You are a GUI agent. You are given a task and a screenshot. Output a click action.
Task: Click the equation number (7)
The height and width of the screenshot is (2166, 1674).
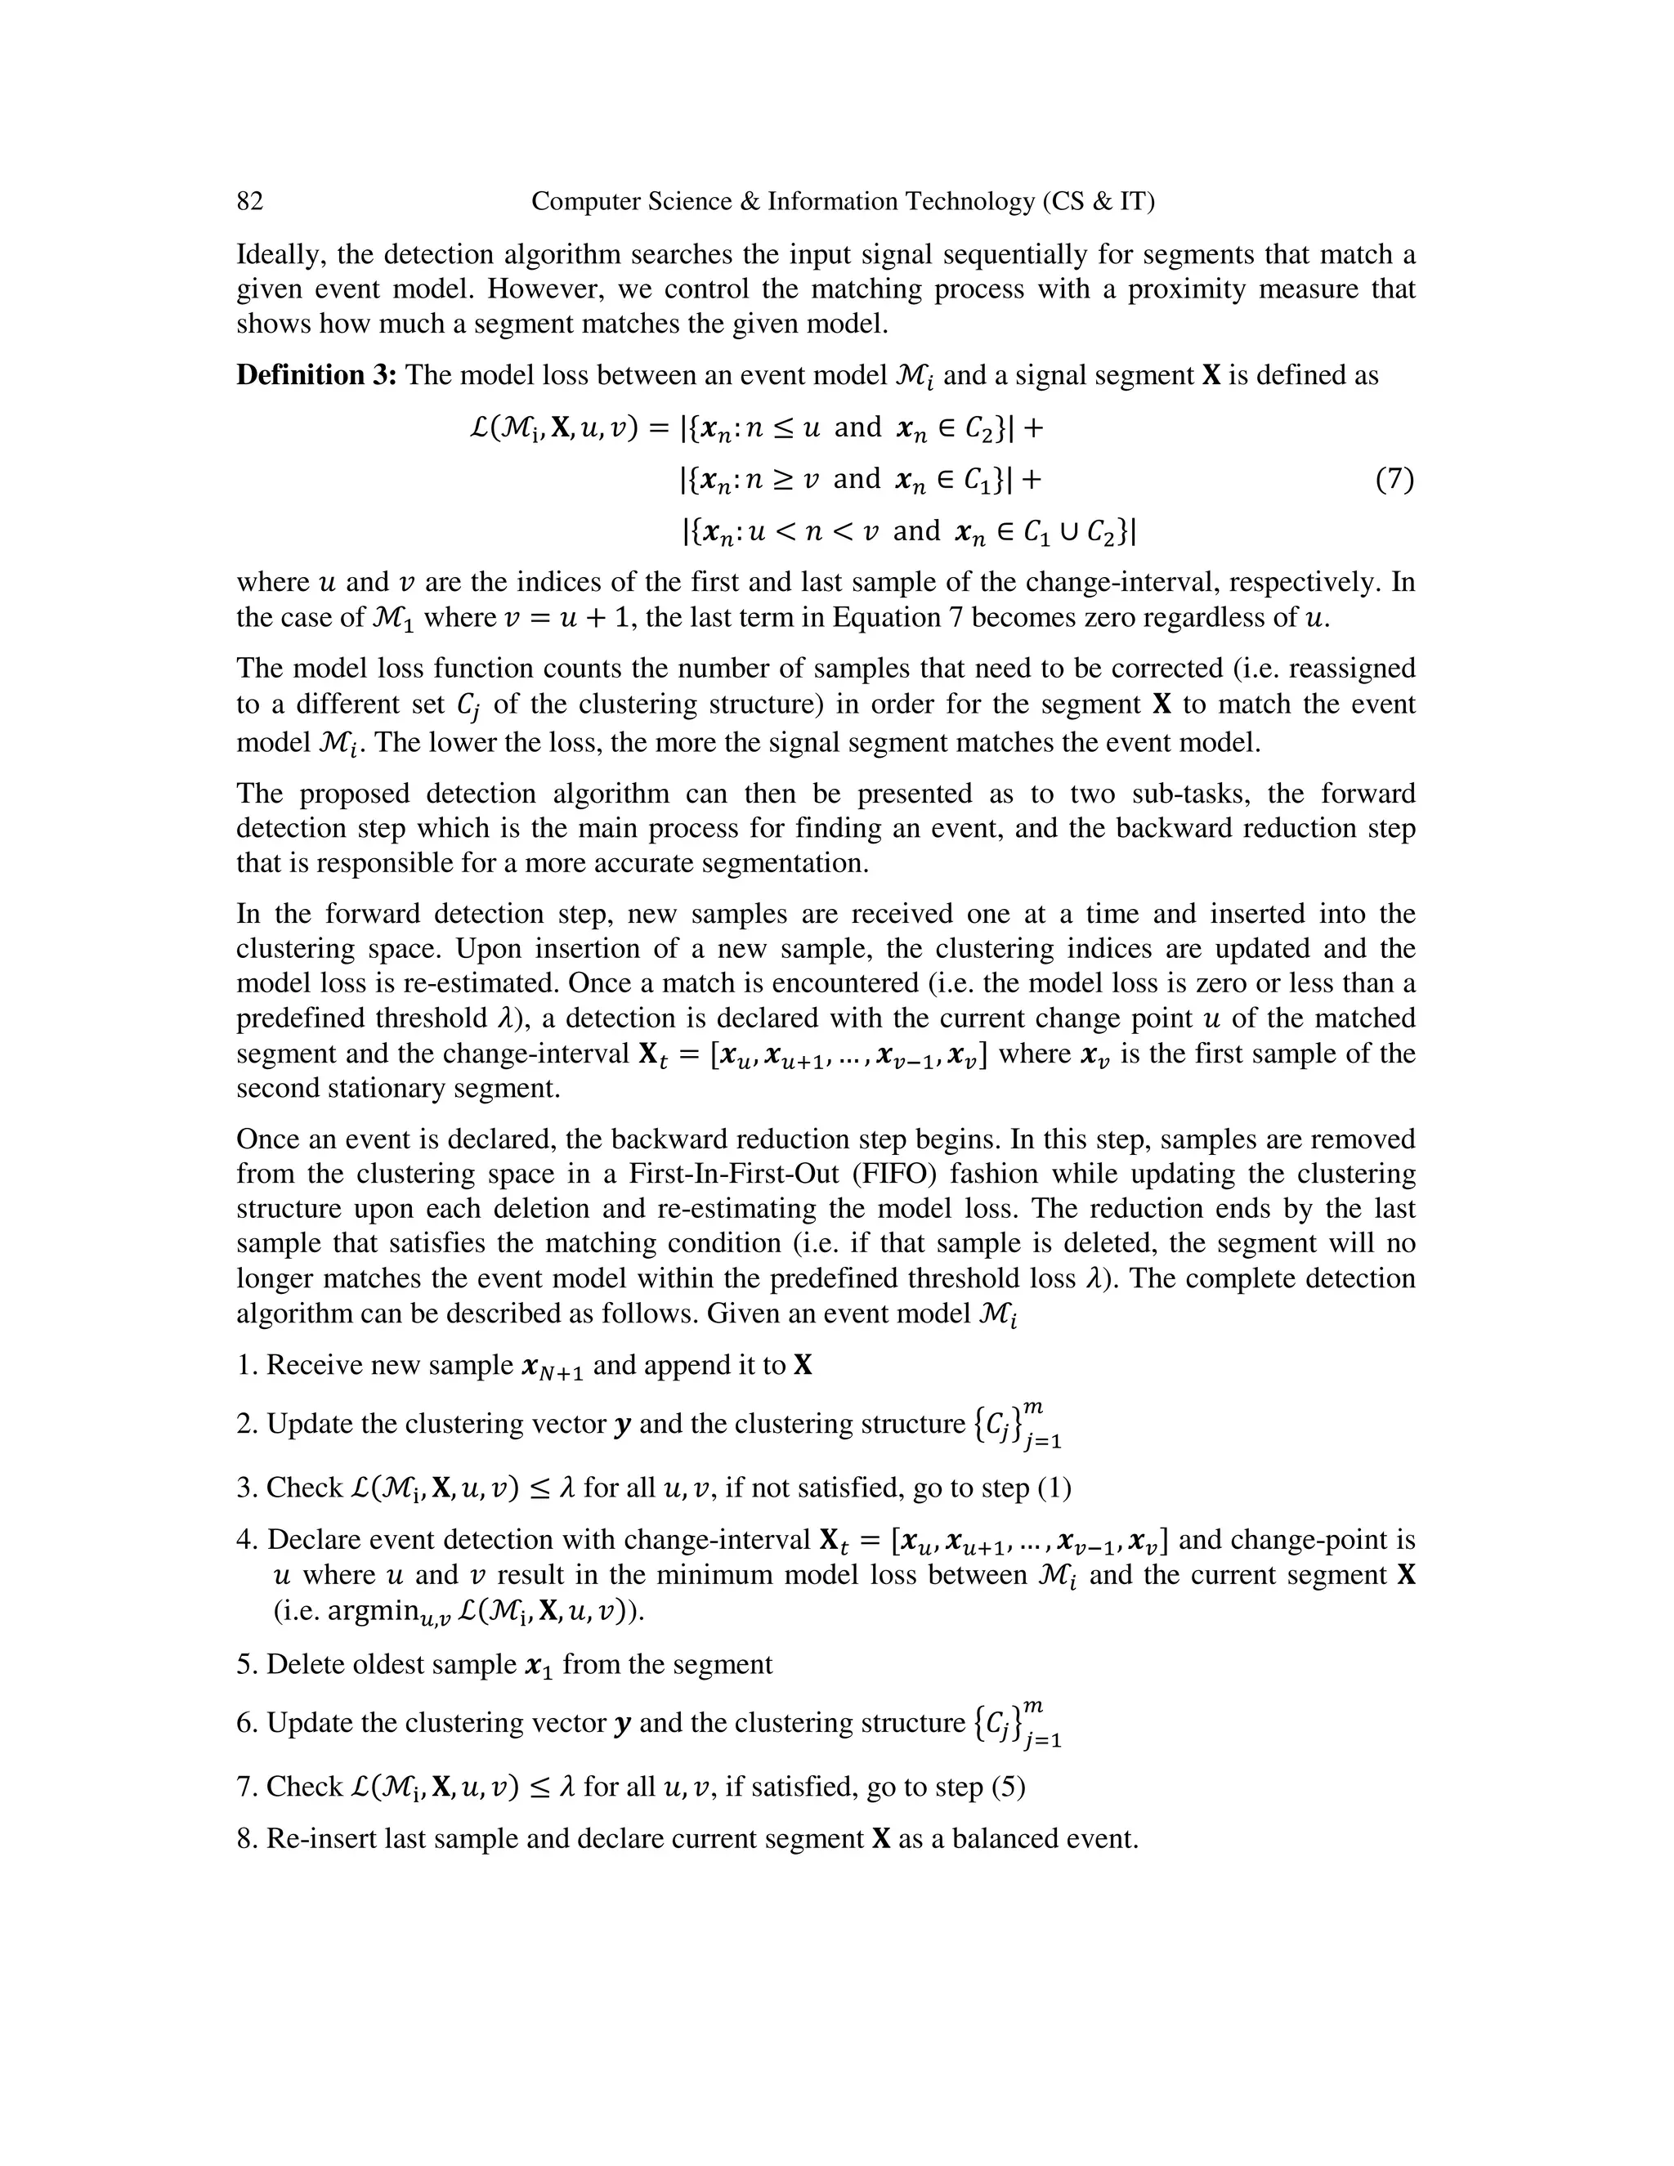(1394, 480)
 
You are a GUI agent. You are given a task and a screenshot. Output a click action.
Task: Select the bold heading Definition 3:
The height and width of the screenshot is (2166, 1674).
(316, 375)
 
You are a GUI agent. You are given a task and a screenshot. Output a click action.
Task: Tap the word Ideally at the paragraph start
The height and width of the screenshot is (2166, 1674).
(278, 255)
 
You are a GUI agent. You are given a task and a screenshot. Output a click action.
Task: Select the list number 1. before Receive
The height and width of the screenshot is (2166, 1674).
(247, 1366)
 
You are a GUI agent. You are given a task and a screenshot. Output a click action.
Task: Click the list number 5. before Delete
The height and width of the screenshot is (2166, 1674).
(247, 1664)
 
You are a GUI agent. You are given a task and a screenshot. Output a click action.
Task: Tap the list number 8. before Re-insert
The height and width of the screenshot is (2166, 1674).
(247, 1839)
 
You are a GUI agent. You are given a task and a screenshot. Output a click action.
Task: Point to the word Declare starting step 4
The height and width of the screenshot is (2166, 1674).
(317, 1540)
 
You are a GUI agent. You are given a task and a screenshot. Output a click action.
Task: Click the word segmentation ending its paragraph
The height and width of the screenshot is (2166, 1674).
(785, 863)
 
